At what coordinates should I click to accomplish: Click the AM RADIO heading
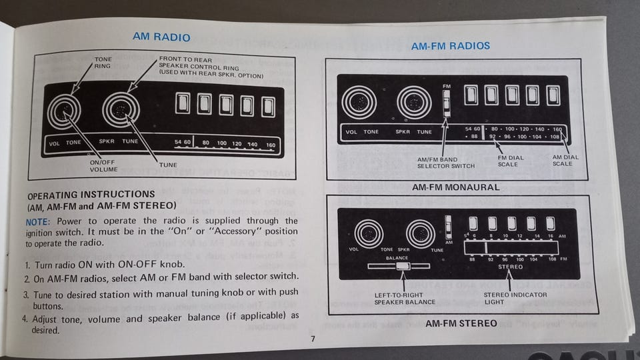pyautogui.click(x=161, y=37)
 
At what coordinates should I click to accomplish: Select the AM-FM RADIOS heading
pyautogui.click(x=450, y=46)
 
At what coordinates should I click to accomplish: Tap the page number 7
pyautogui.click(x=312, y=338)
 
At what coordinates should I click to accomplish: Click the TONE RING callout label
pyautogui.click(x=103, y=63)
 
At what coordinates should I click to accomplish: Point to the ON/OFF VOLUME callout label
pyautogui.click(x=103, y=166)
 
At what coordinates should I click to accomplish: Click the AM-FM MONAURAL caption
pyautogui.click(x=455, y=187)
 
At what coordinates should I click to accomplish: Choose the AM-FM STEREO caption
pyautogui.click(x=461, y=323)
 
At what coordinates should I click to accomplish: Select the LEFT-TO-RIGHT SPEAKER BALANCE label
pyautogui.click(x=405, y=298)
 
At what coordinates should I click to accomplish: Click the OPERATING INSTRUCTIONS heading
pyautogui.click(x=91, y=195)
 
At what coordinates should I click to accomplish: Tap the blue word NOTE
pyautogui.click(x=39, y=221)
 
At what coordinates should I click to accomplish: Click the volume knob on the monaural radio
pyautogui.click(x=359, y=103)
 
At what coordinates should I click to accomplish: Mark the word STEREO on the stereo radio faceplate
pyautogui.click(x=510, y=267)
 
